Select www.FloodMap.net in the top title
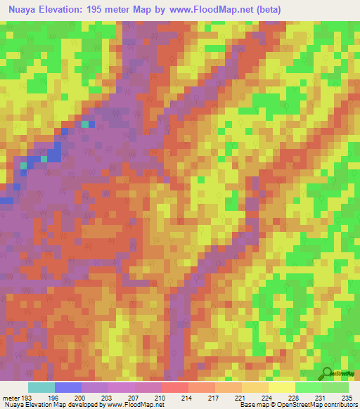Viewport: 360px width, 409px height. coord(231,9)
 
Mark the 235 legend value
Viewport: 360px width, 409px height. coord(346,397)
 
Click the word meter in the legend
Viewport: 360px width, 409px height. coord(11,397)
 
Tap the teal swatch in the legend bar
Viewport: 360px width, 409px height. coord(41,387)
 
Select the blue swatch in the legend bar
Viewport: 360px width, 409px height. coord(68,387)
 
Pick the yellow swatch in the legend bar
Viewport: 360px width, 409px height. coord(282,387)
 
